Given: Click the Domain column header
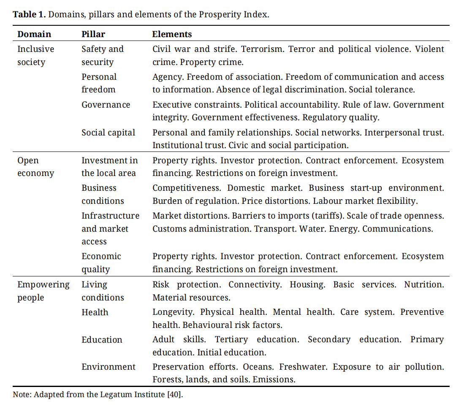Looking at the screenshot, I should pyautogui.click(x=34, y=34).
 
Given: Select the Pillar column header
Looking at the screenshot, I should pyautogui.click(x=93, y=34).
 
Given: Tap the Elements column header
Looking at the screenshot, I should pyautogui.click(x=172, y=34).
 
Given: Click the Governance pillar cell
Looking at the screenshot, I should pyautogui.click(x=106, y=105).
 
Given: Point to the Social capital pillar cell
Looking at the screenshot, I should pyautogui.click(x=109, y=133).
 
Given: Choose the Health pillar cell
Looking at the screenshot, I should pyautogui.click(x=95, y=312).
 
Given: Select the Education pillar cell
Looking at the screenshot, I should pyautogui.click(x=102, y=340).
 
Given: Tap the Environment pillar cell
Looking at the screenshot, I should pyautogui.click(x=109, y=367).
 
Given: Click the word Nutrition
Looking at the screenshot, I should pyautogui.click(x=424, y=284).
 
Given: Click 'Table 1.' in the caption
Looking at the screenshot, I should pyautogui.click(x=29, y=14).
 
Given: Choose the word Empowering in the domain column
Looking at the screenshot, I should pyautogui.click(x=43, y=285).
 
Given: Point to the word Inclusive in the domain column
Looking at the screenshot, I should pyautogui.click(x=36, y=49).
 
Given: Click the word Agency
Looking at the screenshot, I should pyautogui.click(x=168, y=77).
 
